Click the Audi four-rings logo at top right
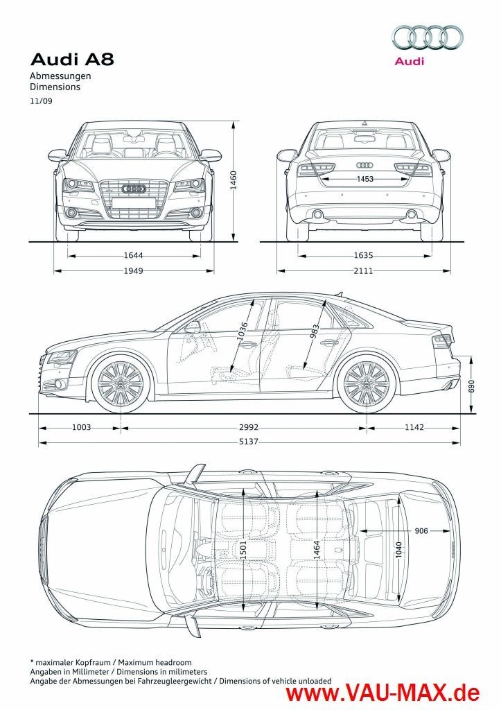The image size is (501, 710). (428, 38)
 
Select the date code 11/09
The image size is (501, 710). (40, 101)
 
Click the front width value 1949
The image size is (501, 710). (134, 270)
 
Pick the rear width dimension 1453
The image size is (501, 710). (364, 179)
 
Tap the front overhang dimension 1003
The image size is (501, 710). (81, 428)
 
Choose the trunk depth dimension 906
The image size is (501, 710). (421, 530)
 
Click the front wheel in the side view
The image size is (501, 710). (120, 382)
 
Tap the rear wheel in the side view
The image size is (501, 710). (366, 382)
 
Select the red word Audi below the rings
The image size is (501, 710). (409, 61)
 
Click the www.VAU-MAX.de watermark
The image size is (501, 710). (384, 692)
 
